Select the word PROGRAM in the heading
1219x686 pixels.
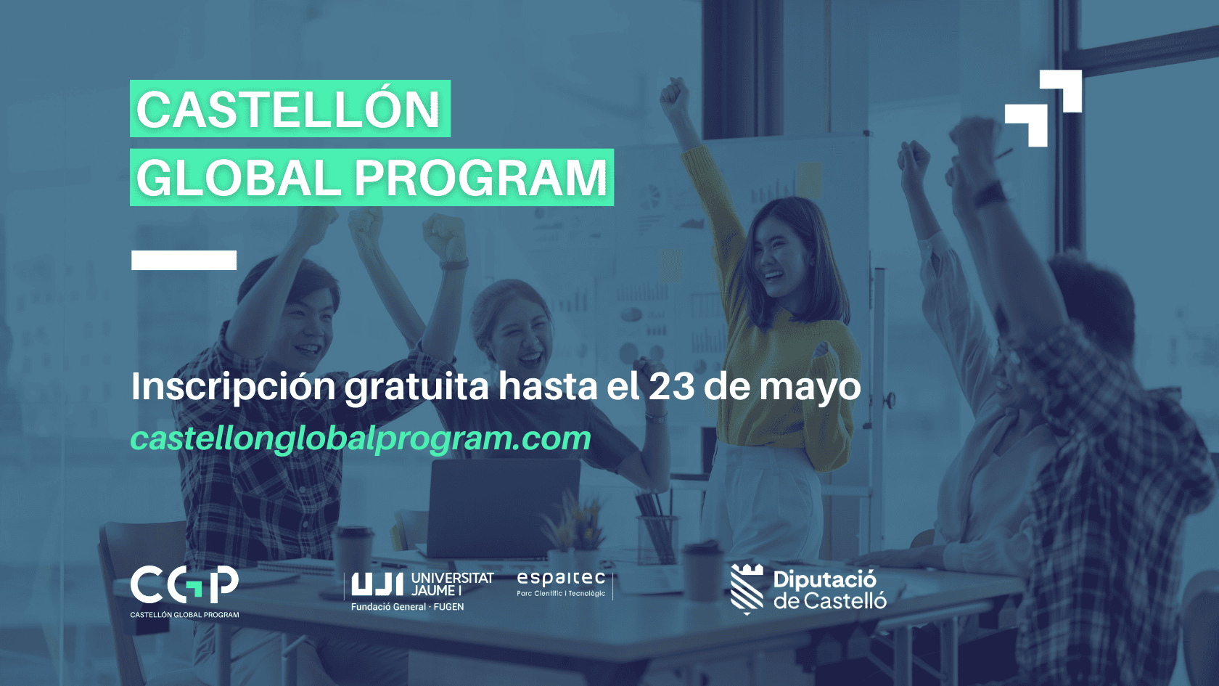coord(482,178)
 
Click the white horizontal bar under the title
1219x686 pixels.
coord(184,260)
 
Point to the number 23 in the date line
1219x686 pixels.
coord(672,386)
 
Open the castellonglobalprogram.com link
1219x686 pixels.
coord(361,438)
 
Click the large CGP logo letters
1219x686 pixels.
coord(184,584)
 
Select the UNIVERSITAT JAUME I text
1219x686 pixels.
coord(452,584)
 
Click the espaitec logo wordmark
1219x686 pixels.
coord(560,578)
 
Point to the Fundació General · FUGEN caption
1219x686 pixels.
coord(408,607)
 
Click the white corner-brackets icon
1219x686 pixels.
coord(1043,108)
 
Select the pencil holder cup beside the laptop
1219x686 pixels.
coord(656,539)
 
